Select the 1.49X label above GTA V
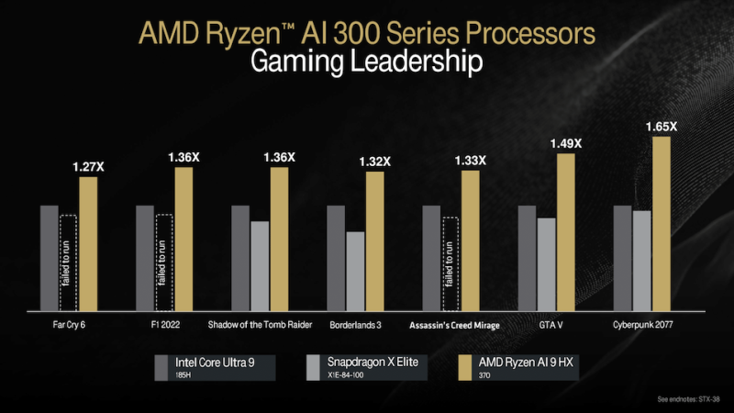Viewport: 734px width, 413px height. [564, 143]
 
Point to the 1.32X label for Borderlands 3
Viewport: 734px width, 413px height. [374, 162]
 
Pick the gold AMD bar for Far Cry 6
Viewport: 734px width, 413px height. [88, 243]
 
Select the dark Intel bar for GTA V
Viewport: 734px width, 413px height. [527, 258]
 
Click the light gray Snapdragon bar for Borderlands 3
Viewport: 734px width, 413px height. [355, 271]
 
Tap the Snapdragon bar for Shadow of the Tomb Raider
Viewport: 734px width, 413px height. [260, 265]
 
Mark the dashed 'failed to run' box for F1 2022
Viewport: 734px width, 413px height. [164, 262]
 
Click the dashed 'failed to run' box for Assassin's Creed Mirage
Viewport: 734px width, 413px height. [450, 263]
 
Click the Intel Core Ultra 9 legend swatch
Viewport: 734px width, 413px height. [162, 366]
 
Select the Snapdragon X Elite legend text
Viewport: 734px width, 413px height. [373, 363]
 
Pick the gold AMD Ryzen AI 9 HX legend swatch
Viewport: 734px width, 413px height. [463, 366]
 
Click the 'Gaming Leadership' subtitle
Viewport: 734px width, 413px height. [366, 62]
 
